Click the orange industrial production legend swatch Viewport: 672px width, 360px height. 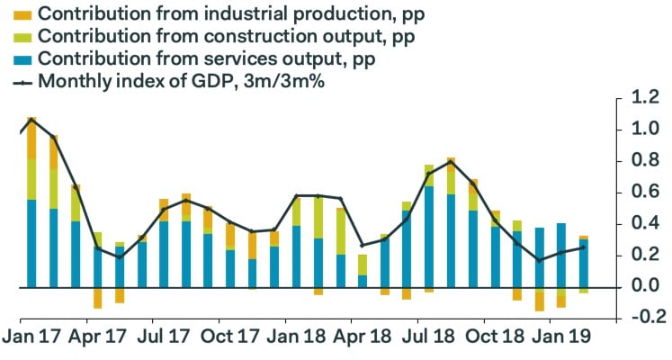[x=22, y=14]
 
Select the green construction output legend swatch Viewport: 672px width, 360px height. [x=22, y=37]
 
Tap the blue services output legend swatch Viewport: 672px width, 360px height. [x=22, y=59]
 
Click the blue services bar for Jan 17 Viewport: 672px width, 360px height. [x=31, y=243]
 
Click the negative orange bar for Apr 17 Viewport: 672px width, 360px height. [x=97, y=298]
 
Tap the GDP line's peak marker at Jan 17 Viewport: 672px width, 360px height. [x=31, y=119]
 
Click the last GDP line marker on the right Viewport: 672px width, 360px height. [x=583, y=247]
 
